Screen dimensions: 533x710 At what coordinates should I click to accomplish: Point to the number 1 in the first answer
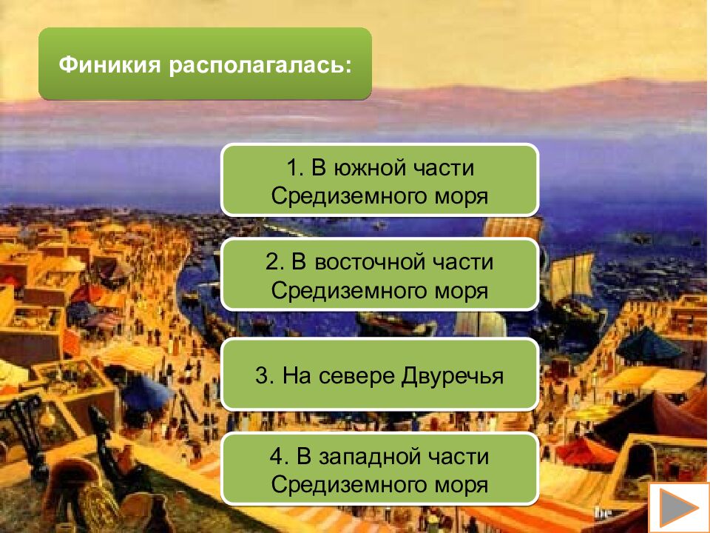pos(292,169)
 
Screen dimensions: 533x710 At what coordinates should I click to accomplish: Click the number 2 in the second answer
pos(271,263)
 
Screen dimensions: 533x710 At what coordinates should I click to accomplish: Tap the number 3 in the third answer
pos(262,375)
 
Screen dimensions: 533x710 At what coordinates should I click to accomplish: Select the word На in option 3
pos(295,375)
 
